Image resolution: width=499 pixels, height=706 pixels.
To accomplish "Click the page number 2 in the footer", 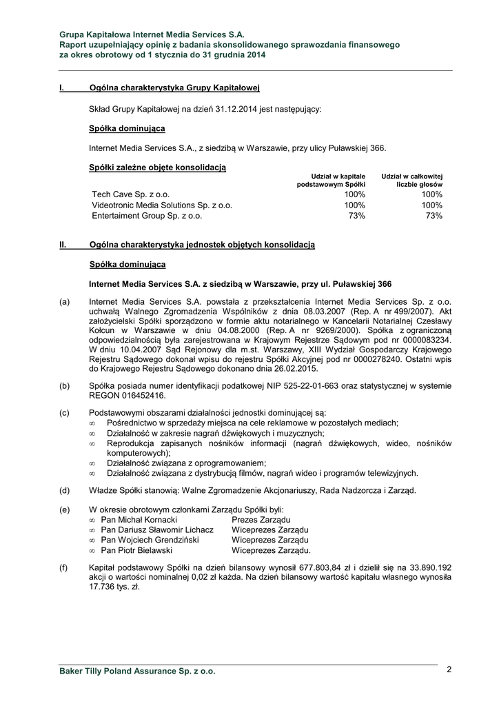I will [x=449, y=669].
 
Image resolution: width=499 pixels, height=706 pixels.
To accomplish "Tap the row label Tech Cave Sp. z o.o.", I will [x=131, y=195].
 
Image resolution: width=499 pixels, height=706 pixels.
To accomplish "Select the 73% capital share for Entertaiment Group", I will [x=357, y=216].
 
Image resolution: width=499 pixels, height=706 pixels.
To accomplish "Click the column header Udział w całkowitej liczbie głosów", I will [x=411, y=181].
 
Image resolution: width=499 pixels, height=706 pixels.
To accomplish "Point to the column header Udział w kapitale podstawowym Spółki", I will [x=331, y=181].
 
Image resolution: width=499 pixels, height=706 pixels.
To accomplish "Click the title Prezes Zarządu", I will [x=261, y=519].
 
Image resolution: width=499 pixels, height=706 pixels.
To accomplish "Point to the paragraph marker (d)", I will [x=64, y=490].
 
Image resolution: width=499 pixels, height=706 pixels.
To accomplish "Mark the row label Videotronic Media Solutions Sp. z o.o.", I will [x=162, y=205].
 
